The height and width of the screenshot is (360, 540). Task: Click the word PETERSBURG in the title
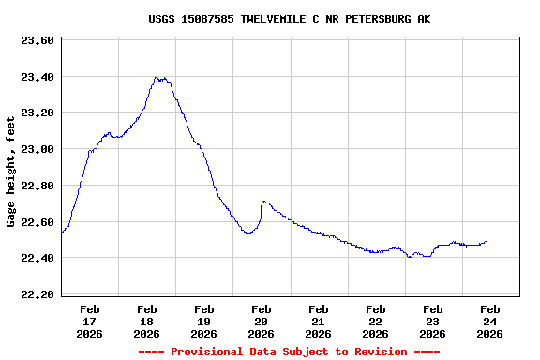[377, 19]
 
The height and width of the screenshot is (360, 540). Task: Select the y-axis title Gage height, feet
[11, 172]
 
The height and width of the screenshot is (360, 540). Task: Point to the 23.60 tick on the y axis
[37, 41]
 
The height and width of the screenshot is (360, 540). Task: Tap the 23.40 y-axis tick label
[37, 77]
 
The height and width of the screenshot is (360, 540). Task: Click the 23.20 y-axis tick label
[37, 113]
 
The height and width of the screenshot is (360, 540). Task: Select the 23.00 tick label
[37, 149]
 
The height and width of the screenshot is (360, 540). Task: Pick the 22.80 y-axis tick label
[37, 186]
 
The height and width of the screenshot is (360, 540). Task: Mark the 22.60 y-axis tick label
[37, 222]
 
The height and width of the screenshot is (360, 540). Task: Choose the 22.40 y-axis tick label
[37, 258]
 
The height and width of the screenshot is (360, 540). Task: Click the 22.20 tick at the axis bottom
[37, 294]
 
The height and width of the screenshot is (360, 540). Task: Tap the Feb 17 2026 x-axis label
[90, 321]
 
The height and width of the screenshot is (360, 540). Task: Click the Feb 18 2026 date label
[147, 321]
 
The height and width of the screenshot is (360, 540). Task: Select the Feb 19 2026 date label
[204, 321]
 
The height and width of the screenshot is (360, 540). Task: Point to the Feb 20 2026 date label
[262, 321]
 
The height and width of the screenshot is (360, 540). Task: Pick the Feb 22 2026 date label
[376, 321]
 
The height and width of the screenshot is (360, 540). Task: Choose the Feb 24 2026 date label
[489, 321]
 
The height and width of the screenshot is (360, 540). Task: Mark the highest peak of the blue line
[157, 78]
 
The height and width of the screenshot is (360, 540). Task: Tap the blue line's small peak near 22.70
[264, 201]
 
